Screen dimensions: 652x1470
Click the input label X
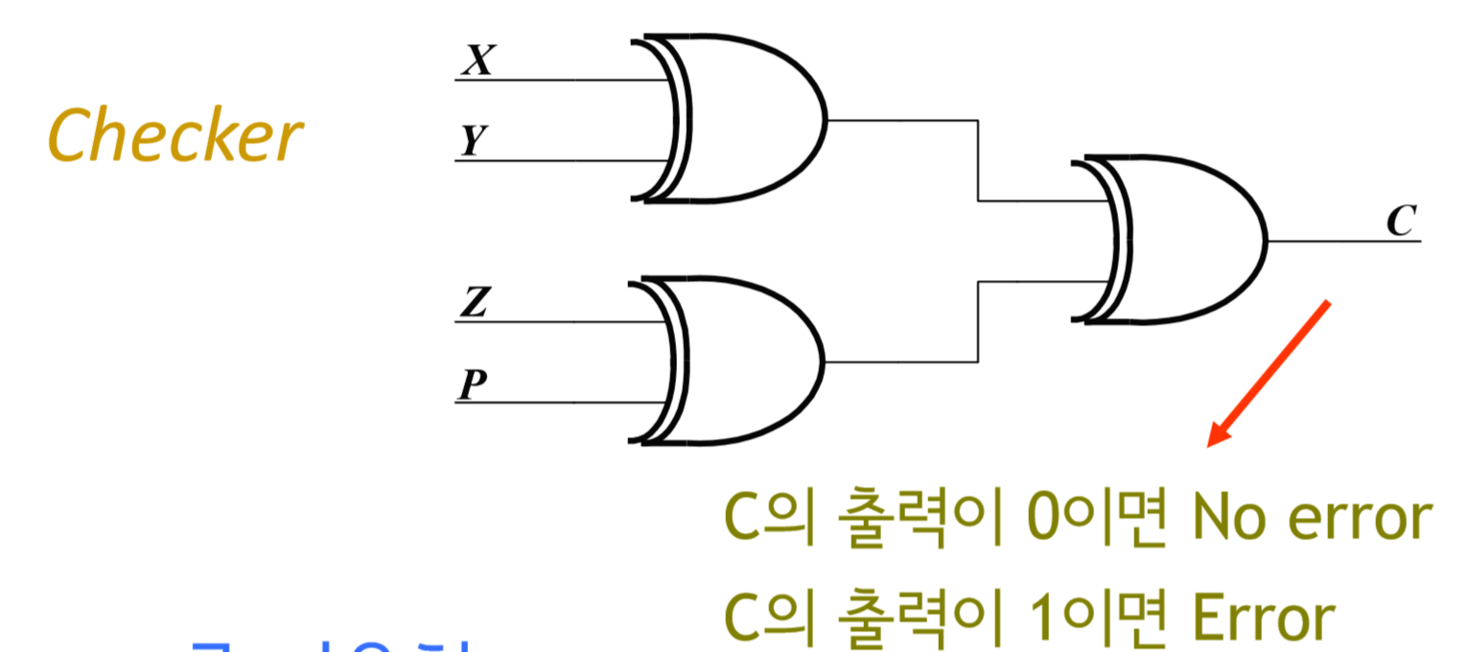pyautogui.click(x=477, y=60)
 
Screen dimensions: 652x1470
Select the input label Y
pyautogui.click(x=472, y=141)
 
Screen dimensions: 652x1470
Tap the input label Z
pyautogui.click(x=475, y=303)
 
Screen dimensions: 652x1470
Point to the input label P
pyautogui.click(x=471, y=384)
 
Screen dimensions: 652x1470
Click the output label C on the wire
pyautogui.click(x=1401, y=221)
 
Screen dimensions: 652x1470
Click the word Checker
pyautogui.click(x=175, y=136)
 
